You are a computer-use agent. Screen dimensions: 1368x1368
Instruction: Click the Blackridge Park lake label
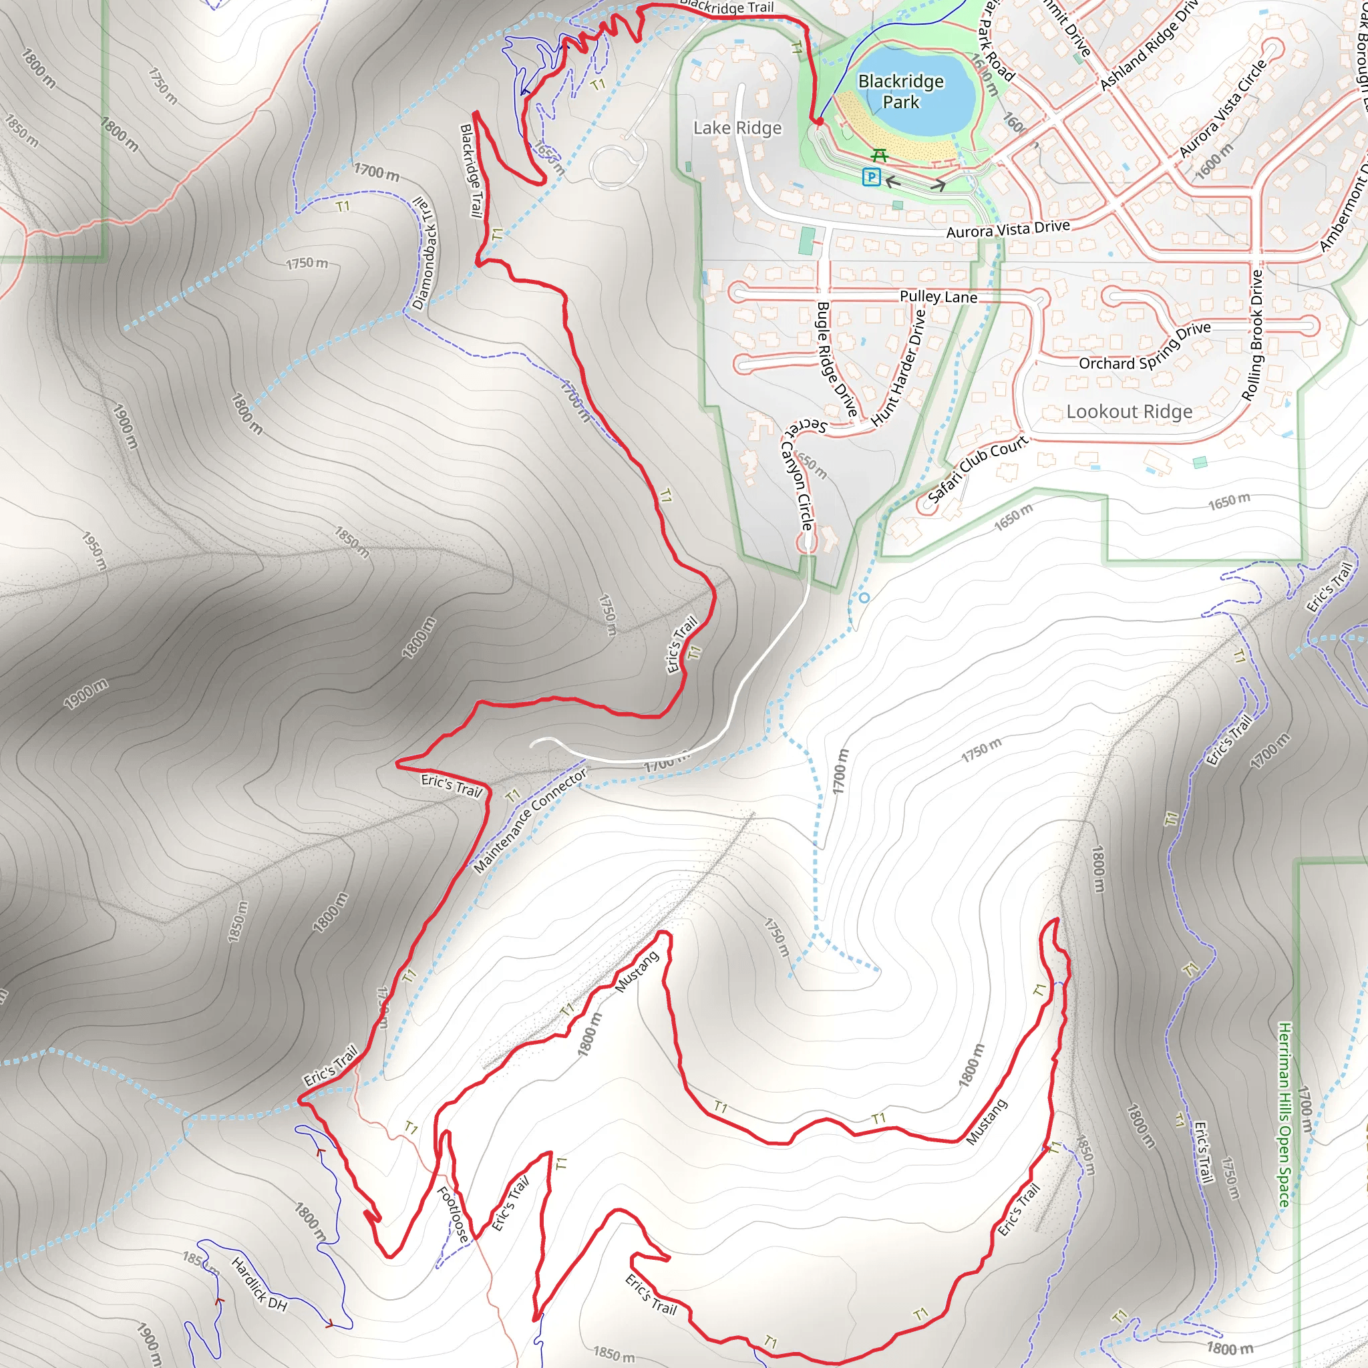tap(900, 92)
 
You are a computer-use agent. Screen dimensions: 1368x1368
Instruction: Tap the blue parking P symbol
tap(872, 177)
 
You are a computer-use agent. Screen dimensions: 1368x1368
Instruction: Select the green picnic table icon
tap(880, 154)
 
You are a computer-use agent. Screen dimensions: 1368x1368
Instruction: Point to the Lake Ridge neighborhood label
tap(737, 128)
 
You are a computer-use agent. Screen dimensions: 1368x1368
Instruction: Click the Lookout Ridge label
tap(1129, 411)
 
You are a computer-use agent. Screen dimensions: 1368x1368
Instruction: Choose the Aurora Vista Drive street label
tap(1007, 229)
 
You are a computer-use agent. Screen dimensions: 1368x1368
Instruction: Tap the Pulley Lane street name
tap(938, 297)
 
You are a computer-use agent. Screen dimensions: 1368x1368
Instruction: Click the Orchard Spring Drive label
tap(1144, 347)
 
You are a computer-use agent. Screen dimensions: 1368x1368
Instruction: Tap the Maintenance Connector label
tap(530, 821)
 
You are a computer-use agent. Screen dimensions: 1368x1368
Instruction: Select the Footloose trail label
tap(453, 1215)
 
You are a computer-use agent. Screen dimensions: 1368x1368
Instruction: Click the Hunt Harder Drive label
tap(898, 368)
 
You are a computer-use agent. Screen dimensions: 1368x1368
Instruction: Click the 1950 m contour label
tap(94, 551)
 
